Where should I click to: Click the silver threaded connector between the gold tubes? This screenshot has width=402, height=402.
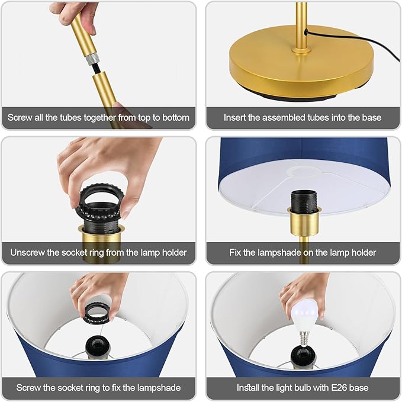(x=92, y=59)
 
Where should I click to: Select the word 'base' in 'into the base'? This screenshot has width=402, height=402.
(x=371, y=118)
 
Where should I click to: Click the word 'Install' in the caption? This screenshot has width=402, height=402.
(x=247, y=388)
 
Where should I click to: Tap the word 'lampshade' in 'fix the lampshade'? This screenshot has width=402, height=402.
(x=159, y=388)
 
